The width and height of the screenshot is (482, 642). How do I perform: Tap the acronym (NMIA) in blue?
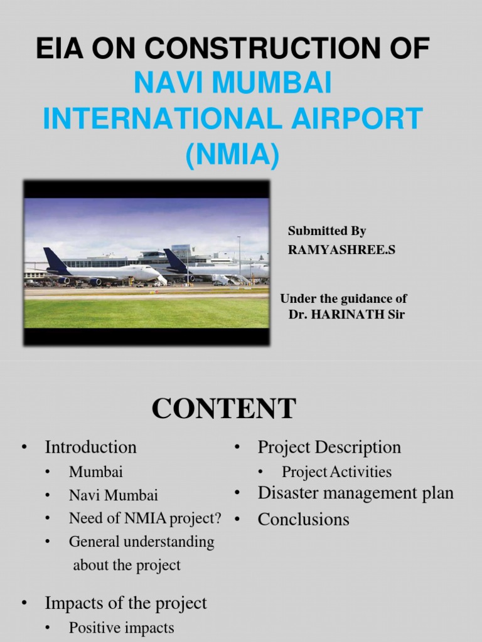(x=232, y=154)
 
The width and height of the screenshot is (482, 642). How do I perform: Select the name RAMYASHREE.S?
(x=342, y=250)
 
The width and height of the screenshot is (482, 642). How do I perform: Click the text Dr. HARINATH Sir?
(x=346, y=315)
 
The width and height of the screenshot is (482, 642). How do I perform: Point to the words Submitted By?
(x=326, y=231)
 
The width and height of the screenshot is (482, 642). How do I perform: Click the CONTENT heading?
(x=223, y=409)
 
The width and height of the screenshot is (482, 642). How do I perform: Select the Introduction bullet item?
(x=90, y=447)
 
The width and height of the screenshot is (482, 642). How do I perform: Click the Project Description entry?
(x=329, y=447)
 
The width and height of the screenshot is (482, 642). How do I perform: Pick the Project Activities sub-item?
(x=336, y=471)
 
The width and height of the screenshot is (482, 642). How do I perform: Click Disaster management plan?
(x=355, y=493)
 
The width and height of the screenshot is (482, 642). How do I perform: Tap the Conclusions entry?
(x=303, y=519)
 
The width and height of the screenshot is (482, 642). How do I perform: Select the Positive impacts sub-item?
(x=121, y=628)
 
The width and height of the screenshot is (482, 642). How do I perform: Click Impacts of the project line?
(x=126, y=603)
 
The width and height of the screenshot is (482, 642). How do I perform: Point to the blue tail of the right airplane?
(x=175, y=260)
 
